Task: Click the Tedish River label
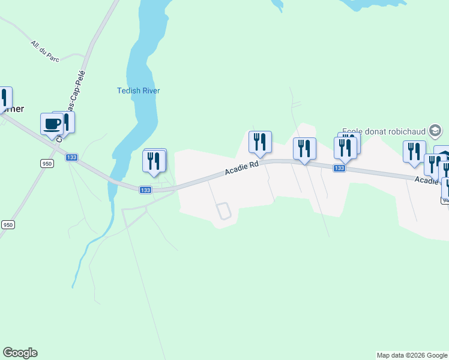[138, 91]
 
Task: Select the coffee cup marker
[52, 124]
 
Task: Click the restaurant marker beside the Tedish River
[154, 161]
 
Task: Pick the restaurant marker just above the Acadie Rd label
[260, 142]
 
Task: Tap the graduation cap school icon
[435, 131]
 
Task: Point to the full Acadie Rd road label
[242, 167]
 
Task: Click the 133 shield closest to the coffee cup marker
[72, 157]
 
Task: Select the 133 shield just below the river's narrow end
[145, 190]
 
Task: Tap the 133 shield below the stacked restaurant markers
[339, 169]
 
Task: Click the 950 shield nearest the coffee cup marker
[47, 163]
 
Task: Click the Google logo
[20, 353]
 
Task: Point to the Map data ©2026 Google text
[412, 355]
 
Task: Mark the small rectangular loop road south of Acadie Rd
[223, 211]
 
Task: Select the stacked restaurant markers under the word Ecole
[346, 148]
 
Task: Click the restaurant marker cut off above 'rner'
[4, 98]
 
